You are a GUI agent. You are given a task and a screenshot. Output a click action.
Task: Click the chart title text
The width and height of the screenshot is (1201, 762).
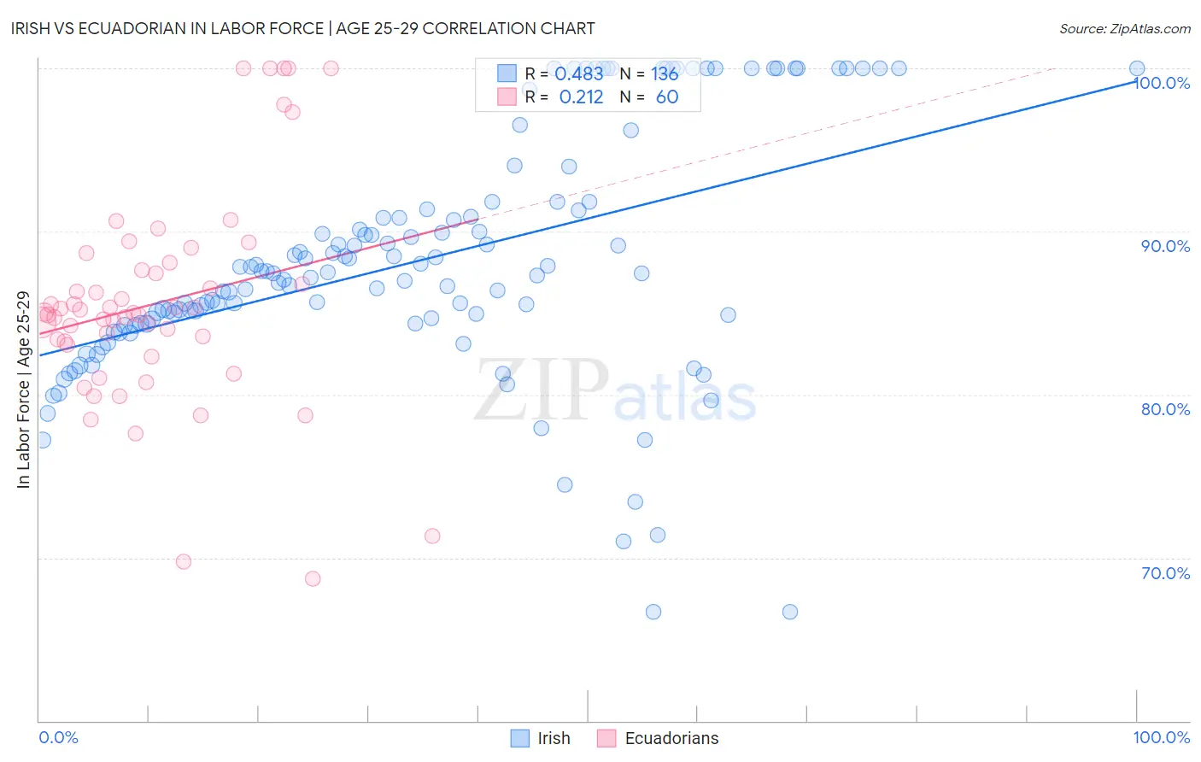point(303,28)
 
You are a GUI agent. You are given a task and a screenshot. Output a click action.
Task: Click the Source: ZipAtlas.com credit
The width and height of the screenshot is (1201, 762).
point(1124,28)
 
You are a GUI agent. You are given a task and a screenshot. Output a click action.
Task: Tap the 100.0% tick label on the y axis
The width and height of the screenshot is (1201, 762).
point(1162,83)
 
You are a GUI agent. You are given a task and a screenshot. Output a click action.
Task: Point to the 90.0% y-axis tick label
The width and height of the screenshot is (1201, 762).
point(1165,246)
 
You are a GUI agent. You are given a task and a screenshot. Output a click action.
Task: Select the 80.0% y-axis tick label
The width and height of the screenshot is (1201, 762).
point(1165,409)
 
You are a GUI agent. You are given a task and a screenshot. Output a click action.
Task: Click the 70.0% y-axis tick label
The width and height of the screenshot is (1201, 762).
point(1165,573)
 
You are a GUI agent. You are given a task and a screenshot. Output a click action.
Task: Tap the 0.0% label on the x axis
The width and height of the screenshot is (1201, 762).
point(58,737)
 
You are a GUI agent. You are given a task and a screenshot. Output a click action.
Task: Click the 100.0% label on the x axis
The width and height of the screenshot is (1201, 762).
point(1161,737)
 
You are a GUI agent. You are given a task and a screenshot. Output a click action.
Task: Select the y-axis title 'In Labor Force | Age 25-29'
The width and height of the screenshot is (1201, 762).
point(23,390)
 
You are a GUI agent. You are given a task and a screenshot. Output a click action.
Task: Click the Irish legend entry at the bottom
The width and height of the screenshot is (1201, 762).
point(553,738)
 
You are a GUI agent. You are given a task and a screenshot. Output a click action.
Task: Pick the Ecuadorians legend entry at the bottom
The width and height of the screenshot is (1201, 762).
point(671,738)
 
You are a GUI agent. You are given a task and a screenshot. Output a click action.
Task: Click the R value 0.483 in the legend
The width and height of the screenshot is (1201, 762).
point(579,74)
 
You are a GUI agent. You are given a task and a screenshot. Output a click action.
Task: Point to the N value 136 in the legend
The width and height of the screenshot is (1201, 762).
point(665,74)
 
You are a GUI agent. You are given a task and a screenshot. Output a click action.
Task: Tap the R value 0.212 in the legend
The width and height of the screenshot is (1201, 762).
point(581,97)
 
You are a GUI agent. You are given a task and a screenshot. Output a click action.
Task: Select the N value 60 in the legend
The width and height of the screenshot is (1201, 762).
point(667,97)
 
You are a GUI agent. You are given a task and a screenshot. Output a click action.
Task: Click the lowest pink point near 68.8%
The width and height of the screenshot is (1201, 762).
point(313,578)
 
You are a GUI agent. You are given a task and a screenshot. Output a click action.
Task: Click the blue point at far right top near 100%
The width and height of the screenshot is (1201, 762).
point(1137,68)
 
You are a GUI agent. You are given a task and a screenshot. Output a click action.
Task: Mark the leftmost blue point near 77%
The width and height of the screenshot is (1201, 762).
point(43,440)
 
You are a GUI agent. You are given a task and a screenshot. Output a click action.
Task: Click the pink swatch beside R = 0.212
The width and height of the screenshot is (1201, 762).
point(507,97)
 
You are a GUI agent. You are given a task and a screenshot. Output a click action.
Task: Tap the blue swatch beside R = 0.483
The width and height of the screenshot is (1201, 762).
point(507,74)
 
